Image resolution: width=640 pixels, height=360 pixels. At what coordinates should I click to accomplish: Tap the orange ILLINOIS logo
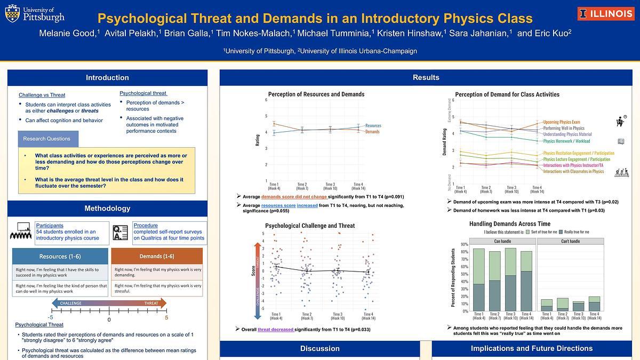[x=606, y=14]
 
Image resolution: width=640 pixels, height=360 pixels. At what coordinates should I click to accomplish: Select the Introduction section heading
[x=107, y=78]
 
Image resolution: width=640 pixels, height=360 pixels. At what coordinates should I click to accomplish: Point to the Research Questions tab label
[x=47, y=139]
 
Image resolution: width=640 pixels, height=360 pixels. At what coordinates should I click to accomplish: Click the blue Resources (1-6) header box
[x=60, y=257]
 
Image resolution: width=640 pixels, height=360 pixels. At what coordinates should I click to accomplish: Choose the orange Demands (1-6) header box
[x=157, y=257]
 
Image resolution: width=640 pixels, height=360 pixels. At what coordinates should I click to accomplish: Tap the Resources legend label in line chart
[x=373, y=125]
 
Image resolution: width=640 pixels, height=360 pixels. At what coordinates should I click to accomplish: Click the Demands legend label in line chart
[x=372, y=131]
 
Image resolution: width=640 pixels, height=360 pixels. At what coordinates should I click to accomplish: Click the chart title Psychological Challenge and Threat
[x=310, y=226]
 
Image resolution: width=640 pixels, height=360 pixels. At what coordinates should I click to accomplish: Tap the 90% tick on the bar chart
[x=463, y=245]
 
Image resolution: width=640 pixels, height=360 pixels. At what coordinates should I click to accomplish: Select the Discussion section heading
[x=319, y=349]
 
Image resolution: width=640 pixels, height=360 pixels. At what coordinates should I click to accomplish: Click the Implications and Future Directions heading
[x=531, y=349]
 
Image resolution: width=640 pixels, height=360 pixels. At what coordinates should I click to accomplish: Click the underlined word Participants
[x=50, y=226]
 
